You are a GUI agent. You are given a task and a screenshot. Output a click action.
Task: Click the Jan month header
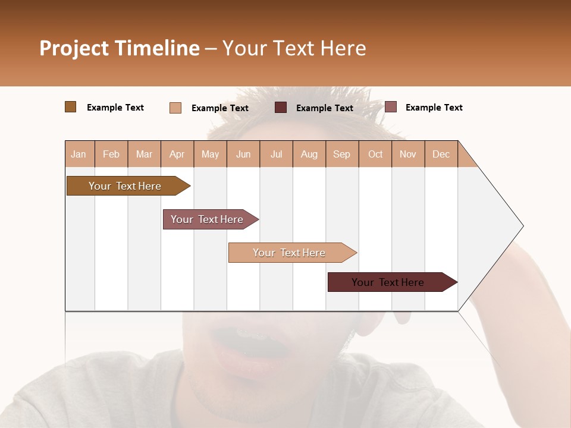pos(79,154)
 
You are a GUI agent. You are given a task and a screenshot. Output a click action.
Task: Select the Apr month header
pos(177,154)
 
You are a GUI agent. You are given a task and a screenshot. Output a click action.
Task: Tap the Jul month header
pos(276,154)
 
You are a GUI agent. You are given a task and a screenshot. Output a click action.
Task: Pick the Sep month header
pos(341,154)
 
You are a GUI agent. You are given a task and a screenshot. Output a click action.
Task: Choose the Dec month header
pos(441,154)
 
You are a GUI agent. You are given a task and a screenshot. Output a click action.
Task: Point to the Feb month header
pos(111,154)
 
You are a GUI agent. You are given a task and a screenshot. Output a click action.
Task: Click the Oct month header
pos(375,154)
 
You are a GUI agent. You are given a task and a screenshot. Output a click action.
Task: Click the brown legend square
pos(70,107)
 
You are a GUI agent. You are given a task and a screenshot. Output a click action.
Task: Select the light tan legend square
pos(175,108)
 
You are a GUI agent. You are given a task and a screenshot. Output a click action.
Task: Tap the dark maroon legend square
pos(281,108)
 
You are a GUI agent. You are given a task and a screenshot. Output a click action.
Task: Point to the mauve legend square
pos(390,107)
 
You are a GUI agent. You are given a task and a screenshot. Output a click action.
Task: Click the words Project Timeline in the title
pos(120,48)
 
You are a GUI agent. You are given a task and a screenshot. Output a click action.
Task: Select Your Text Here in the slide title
pos(294,48)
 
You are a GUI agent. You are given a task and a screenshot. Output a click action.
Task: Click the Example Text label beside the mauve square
pos(434,108)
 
